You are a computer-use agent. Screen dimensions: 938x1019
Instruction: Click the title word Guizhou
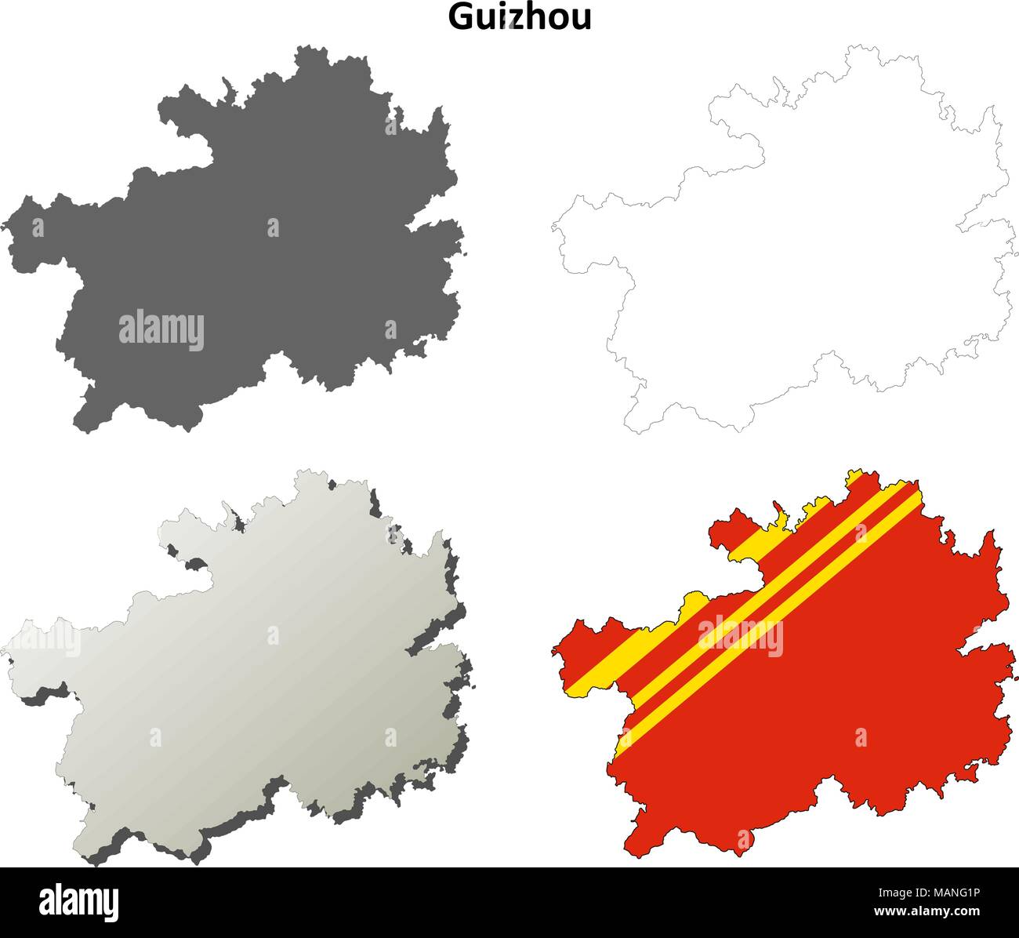pos(520,17)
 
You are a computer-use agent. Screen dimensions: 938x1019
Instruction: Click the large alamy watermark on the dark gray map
pos(161,329)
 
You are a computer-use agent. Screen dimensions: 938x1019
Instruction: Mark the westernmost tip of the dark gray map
pos(4,227)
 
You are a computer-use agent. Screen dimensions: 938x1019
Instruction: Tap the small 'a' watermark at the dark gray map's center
pos(273,227)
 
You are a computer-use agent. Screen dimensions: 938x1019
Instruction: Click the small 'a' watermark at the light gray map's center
pos(273,634)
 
